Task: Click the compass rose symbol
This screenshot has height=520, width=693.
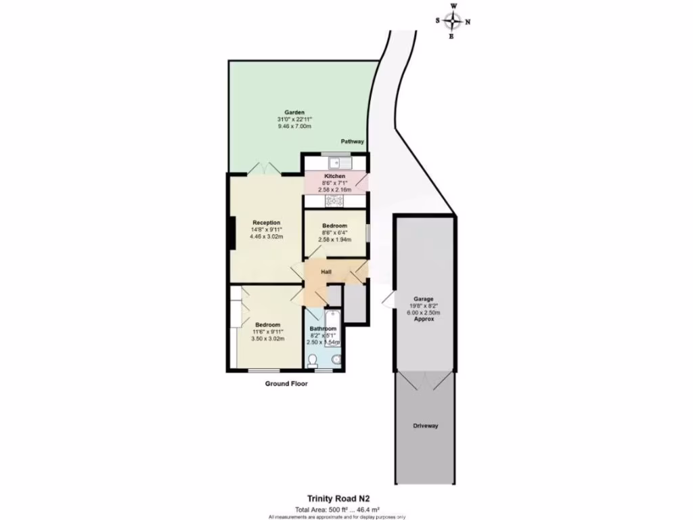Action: coord(453,21)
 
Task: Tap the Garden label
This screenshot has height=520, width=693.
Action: coord(294,112)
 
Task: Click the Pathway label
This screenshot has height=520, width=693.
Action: coord(353,142)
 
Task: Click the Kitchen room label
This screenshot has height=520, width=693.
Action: coord(335,176)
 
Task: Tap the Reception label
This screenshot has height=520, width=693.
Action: coord(266,222)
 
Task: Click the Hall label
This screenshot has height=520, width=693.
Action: coord(326,272)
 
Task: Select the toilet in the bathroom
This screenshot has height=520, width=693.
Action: coord(313,361)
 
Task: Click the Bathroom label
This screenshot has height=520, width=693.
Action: coord(323,329)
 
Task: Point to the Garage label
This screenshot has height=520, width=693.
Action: coord(424,299)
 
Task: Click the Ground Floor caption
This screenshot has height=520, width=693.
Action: coord(286,384)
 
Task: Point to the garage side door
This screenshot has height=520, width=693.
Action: coord(388,300)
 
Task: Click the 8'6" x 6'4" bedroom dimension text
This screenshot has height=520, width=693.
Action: coord(335,232)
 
